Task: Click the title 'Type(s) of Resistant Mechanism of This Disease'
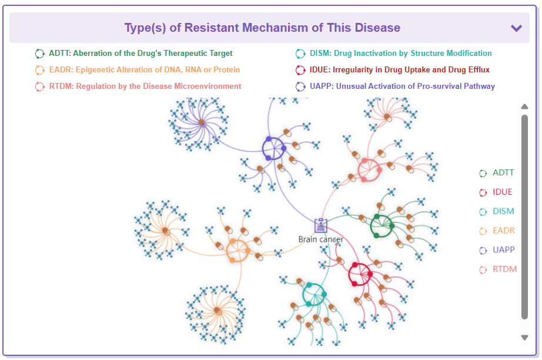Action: tap(262, 28)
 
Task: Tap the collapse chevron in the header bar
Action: tap(516, 28)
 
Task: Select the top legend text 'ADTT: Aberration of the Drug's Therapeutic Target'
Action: tap(140, 54)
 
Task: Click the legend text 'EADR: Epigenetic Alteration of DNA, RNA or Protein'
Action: tap(145, 70)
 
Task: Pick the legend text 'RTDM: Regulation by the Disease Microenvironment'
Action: tap(145, 86)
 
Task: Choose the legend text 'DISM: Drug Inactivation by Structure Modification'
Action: tap(401, 54)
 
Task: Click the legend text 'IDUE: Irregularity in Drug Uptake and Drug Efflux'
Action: tap(400, 70)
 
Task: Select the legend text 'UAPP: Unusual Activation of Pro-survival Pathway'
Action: tap(402, 86)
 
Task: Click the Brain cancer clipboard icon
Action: tap(321, 226)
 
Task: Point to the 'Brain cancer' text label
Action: tap(321, 239)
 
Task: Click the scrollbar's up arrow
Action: tap(524, 106)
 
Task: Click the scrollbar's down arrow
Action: tap(524, 338)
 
